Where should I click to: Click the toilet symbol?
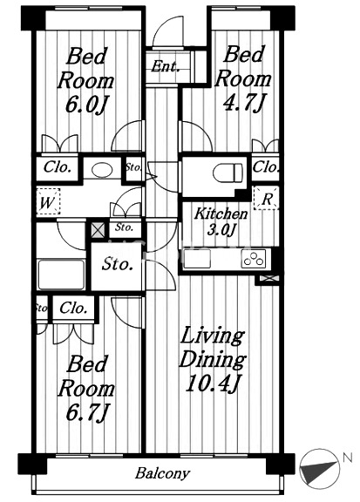(x=228, y=173)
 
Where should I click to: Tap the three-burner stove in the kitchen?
(x=254, y=258)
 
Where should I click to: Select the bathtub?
(x=61, y=275)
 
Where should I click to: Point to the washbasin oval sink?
(x=102, y=170)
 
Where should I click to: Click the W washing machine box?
(x=48, y=201)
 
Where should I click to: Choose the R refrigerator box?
(x=266, y=199)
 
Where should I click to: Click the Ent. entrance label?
(x=165, y=66)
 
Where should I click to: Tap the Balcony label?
(x=162, y=473)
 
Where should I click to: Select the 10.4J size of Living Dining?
(x=214, y=383)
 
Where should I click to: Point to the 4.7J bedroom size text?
(x=243, y=101)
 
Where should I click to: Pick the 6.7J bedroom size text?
(x=87, y=412)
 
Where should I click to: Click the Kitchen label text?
(x=221, y=214)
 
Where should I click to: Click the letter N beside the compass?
(x=347, y=458)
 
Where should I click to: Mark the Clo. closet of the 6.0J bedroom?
(x=58, y=167)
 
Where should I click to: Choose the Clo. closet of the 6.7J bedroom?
(x=73, y=308)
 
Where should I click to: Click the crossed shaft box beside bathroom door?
(x=98, y=229)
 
